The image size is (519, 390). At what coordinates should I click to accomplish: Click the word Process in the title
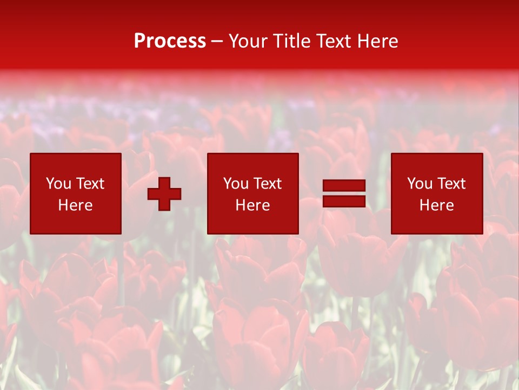[x=170, y=41]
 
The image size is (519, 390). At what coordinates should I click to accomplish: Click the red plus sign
[x=164, y=194]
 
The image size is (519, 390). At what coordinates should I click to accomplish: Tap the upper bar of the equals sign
[x=344, y=186]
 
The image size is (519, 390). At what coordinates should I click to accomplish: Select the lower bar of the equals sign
[x=344, y=201]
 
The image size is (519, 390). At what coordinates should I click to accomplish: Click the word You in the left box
[x=58, y=184]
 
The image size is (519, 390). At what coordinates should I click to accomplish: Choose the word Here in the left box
[x=75, y=205]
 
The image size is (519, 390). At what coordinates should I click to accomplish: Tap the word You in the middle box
[x=236, y=184]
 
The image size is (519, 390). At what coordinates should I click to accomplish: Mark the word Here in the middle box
[x=252, y=205]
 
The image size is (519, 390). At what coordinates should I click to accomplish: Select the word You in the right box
[x=420, y=184]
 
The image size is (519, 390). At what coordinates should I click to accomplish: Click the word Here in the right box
[x=436, y=205]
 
